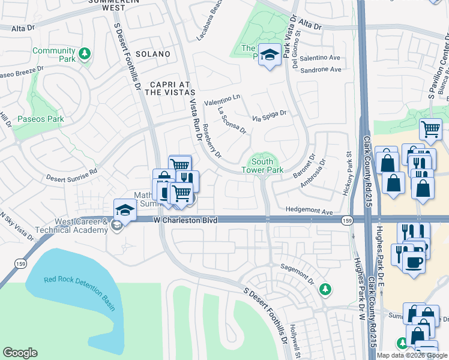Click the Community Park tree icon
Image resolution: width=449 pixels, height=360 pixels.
pos(85,54)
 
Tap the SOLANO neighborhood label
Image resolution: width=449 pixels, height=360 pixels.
pos(152,54)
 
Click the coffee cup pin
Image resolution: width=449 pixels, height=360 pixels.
pos(414,263)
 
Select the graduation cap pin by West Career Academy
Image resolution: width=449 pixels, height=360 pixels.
pos(125,210)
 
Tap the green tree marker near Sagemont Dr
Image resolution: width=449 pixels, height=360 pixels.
pos(325,290)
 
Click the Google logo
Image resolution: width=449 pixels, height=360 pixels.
pos(20,353)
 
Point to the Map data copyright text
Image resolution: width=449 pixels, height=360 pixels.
pos(412,355)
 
